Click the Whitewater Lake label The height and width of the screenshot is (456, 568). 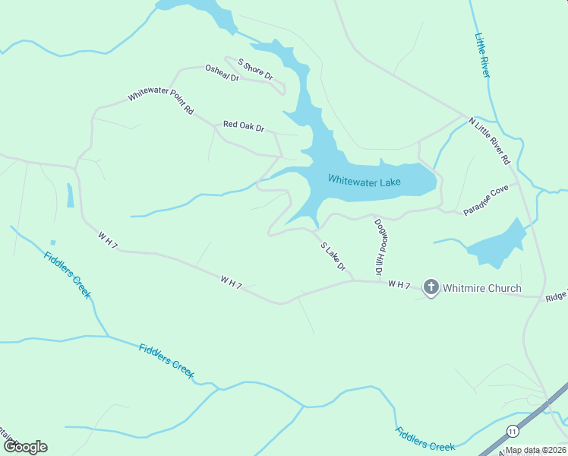click(x=364, y=179)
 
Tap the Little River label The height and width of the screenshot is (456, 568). click(x=482, y=55)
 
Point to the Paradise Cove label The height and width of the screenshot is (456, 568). click(x=486, y=200)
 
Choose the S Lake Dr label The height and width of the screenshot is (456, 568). click(x=333, y=257)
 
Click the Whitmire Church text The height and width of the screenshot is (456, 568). click(x=481, y=288)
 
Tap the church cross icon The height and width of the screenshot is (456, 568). click(x=431, y=287)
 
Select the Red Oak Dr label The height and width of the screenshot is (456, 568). click(x=243, y=126)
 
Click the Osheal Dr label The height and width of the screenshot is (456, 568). click(x=222, y=73)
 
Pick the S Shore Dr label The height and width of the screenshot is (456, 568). click(x=255, y=69)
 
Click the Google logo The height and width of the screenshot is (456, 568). click(x=24, y=447)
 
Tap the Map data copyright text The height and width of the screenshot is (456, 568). click(x=535, y=450)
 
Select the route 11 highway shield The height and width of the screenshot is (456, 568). click(x=514, y=429)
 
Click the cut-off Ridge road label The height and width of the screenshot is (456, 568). click(x=555, y=298)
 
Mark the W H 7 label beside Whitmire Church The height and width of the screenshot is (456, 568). click(x=399, y=285)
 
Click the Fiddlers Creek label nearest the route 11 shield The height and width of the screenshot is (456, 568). click(x=424, y=439)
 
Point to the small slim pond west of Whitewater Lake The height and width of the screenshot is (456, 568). click(x=71, y=195)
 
